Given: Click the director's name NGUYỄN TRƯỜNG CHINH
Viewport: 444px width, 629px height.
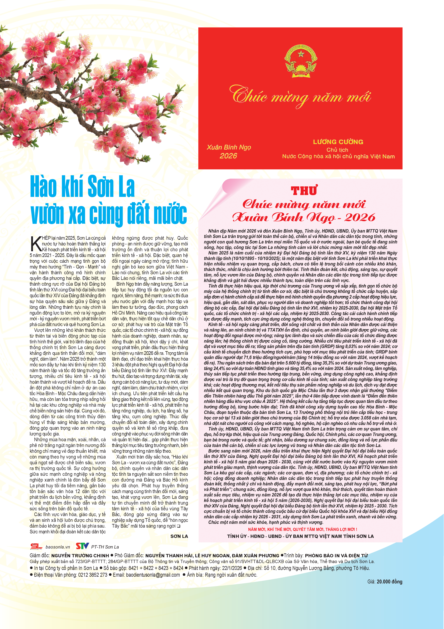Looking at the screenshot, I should pyautogui.click(x=80, y=556).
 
